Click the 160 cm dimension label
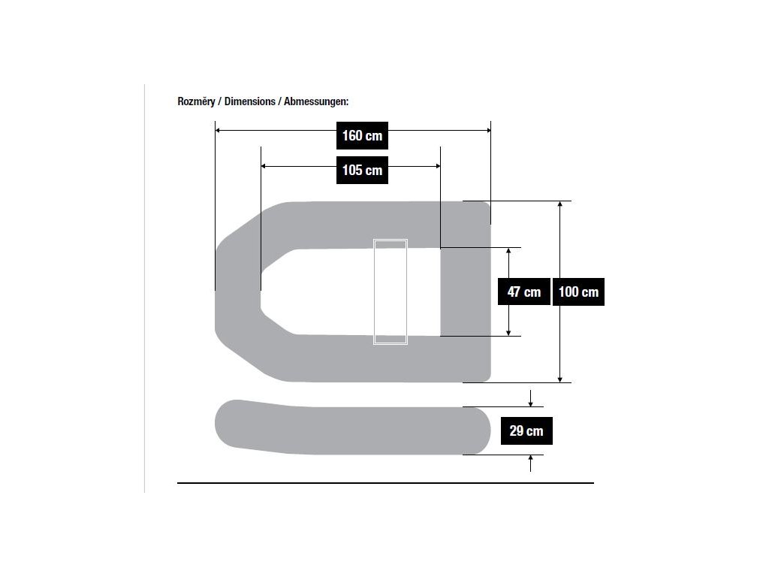[362, 135]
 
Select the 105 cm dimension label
[362, 170]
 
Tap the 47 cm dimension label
[523, 292]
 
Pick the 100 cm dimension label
[578, 292]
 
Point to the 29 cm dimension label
[526, 430]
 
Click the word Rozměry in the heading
[195, 101]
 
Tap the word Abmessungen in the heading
[315, 101]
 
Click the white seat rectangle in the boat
[390, 292]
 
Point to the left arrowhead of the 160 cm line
[218, 131]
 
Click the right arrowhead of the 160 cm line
[487, 131]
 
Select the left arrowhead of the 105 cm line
[264, 166]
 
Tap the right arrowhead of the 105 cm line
[437, 166]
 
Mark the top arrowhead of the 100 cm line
[559, 204]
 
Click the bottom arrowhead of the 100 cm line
[559, 379]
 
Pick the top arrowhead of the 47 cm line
[509, 251]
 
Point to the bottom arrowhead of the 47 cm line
[509, 333]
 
